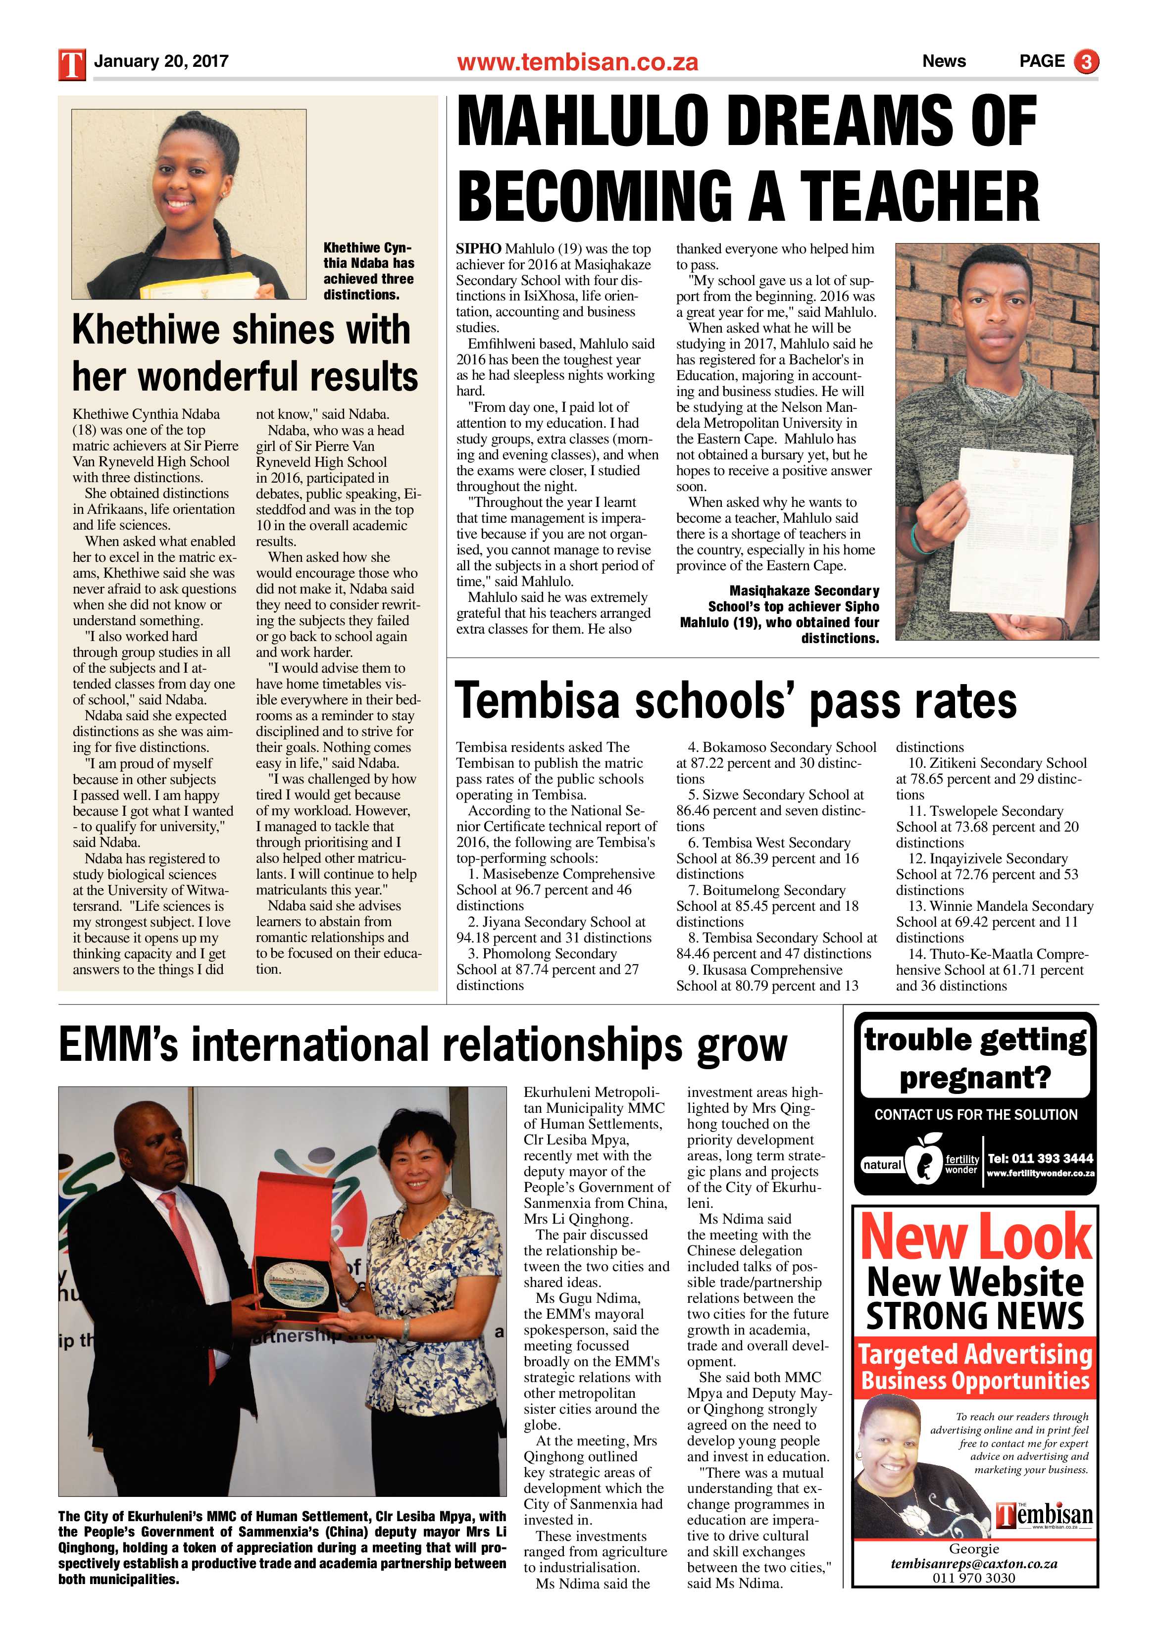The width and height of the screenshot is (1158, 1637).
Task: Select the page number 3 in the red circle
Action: click(x=1086, y=62)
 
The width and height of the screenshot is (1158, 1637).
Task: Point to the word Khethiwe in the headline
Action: click(x=156, y=330)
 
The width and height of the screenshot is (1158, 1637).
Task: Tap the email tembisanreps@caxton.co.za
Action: click(x=973, y=1564)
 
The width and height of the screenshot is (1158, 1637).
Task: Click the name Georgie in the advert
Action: click(x=973, y=1548)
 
